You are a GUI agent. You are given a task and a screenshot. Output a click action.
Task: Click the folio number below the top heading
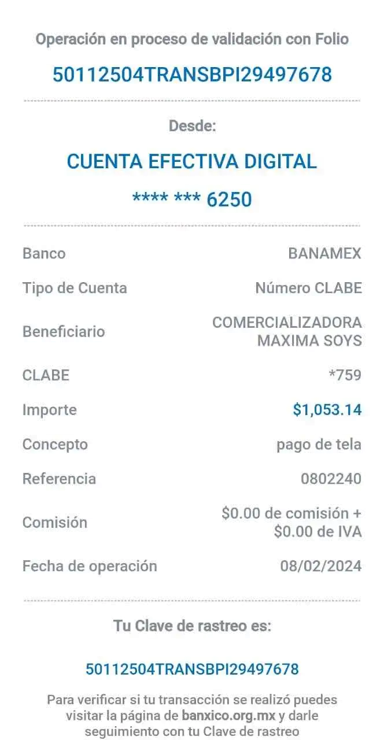pos(192,75)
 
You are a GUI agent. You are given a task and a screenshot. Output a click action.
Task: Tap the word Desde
pos(193,126)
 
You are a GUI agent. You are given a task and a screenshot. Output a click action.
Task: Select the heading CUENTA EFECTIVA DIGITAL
pos(191,161)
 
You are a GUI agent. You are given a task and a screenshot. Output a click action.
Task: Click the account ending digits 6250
pos(230,199)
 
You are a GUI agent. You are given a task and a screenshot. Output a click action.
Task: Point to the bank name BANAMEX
pos(325,253)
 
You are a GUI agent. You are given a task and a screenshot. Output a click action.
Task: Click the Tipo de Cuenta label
pos(75,288)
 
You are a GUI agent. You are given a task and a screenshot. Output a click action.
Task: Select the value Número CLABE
pos(309,288)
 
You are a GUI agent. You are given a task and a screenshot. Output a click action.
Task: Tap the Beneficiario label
pos(64,331)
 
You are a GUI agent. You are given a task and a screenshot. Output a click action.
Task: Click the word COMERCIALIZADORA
pos(287,323)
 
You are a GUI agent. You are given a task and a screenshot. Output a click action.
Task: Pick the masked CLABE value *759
pos(345,375)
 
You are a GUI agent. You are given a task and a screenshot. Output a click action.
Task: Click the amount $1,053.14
pos(327,410)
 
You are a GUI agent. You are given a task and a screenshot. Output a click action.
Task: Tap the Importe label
pos(50,410)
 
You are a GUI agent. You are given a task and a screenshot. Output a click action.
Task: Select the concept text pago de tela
pos(319,445)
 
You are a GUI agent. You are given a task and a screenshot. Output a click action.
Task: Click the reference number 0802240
pos(331,479)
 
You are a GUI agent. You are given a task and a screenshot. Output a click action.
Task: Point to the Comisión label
pos(55,522)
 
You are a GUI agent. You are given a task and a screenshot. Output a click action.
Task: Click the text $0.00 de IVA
pos(318,531)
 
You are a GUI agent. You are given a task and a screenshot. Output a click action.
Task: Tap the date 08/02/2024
pos(321,566)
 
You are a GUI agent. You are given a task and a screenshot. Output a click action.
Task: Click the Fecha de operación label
pos(90,566)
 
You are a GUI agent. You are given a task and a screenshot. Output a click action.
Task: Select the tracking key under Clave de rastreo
pos(192,669)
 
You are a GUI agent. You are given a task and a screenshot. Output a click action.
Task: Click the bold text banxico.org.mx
pos(228,716)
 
